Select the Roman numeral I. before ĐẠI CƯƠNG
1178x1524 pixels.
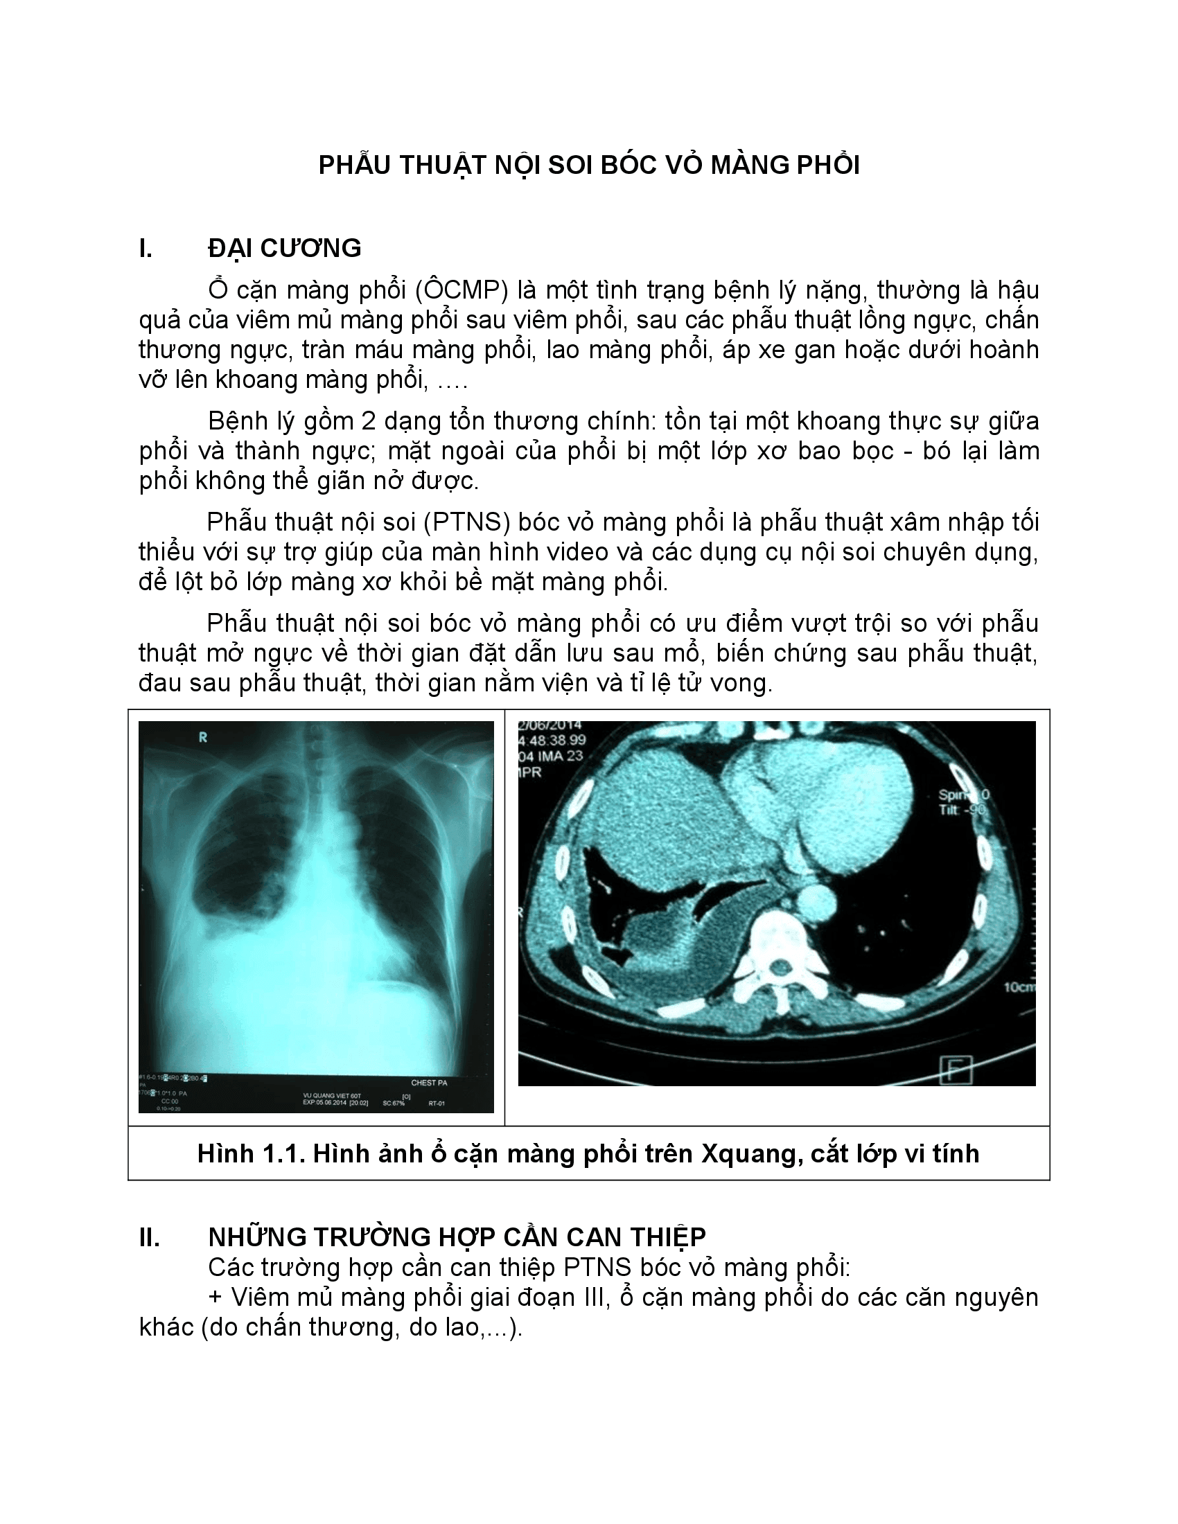click(x=145, y=249)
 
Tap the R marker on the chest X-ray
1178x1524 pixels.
click(x=203, y=738)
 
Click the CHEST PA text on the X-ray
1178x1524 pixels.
click(x=428, y=1083)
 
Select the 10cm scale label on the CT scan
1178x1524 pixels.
click(x=1019, y=987)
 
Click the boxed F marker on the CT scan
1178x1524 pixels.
click(x=956, y=1070)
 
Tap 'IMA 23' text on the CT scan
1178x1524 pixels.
click(x=560, y=756)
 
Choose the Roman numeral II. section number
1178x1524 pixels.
click(x=150, y=1237)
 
